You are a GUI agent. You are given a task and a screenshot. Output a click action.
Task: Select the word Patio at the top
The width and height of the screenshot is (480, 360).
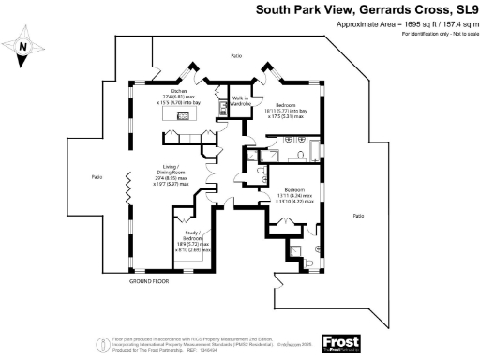click(x=237, y=57)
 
